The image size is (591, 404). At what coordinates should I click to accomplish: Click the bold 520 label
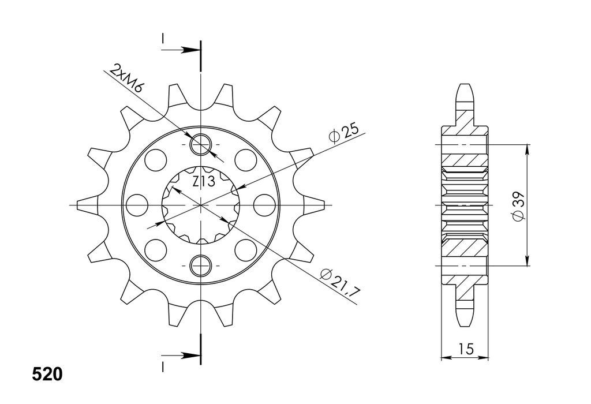tap(47, 375)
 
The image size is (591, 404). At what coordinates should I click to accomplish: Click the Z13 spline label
tap(204, 181)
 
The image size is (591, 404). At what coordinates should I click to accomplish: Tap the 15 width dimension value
tap(466, 349)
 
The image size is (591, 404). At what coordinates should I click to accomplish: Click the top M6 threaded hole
tap(201, 144)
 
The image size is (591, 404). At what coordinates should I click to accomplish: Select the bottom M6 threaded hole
tap(201, 265)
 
